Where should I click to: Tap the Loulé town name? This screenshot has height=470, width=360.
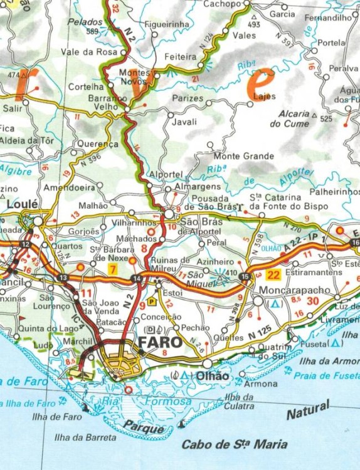click(23, 204)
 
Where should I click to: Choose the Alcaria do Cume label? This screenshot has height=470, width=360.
click(290, 118)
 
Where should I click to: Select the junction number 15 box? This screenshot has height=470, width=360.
click(244, 276)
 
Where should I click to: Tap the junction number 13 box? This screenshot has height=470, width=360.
click(63, 278)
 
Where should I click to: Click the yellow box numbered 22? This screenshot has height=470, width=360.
click(273, 274)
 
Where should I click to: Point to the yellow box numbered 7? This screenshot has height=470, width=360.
click(112, 269)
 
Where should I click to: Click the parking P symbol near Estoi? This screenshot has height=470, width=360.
click(151, 301)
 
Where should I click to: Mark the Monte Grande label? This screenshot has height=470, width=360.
click(244, 156)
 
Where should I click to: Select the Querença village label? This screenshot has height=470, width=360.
click(98, 144)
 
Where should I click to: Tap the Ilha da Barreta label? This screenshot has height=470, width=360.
click(85, 437)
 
